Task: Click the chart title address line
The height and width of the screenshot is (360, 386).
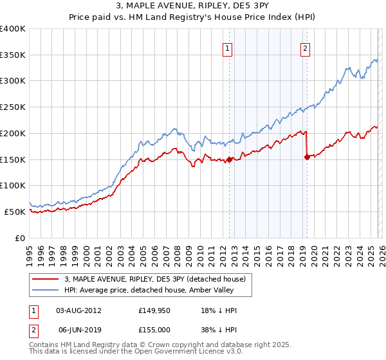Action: pos(193,6)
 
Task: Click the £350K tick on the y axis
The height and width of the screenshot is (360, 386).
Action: pos(13,55)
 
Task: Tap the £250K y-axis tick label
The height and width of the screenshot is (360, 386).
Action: pos(13,107)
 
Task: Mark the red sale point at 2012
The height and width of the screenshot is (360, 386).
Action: pos(229,160)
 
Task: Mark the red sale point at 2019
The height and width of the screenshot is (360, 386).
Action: pos(307,157)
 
